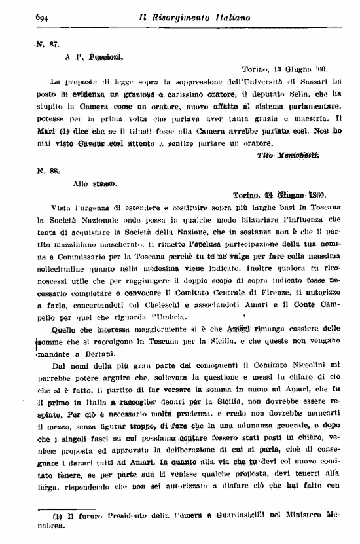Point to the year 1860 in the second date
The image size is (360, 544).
coord(312,194)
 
